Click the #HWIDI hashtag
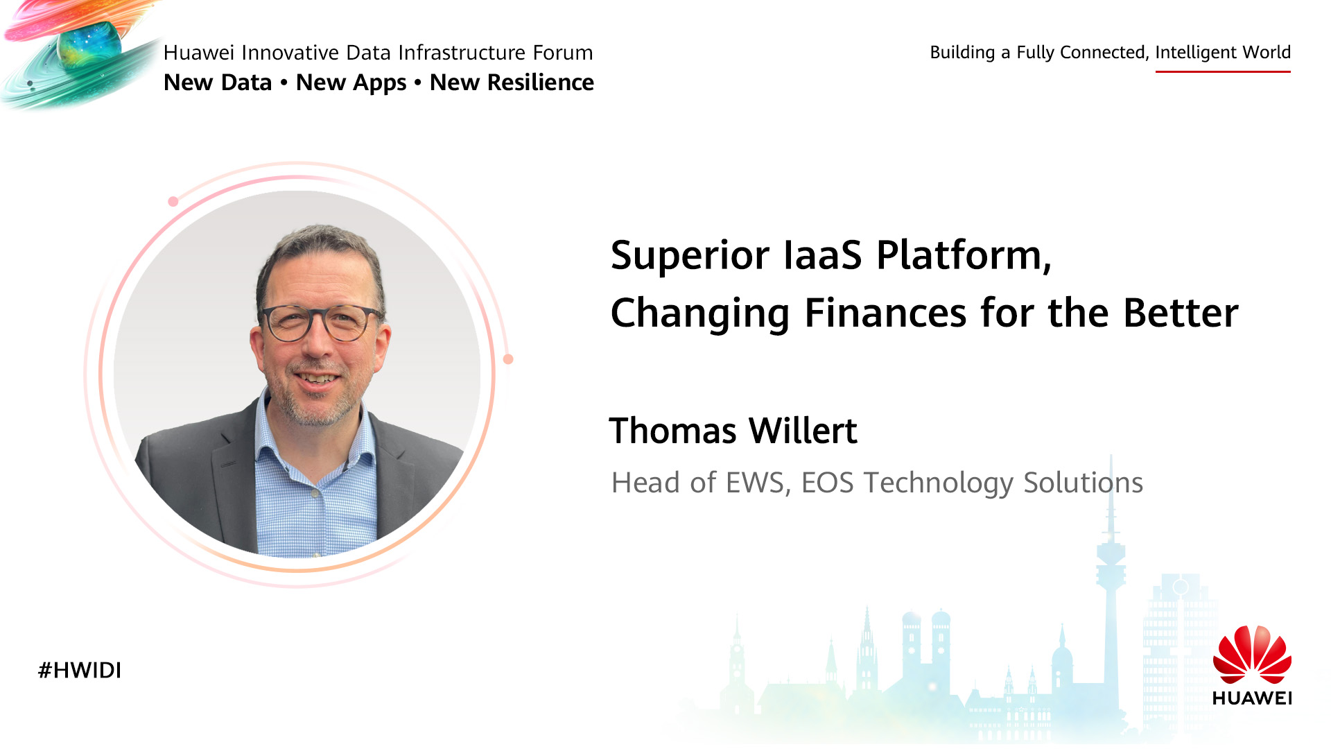80,670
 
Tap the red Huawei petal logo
1252,654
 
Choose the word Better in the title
1181,313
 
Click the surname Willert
803,431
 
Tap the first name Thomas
672,431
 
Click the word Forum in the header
563,53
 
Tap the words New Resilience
512,83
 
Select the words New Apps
351,83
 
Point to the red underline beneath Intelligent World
1223,71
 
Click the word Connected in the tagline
1104,53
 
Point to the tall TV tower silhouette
1111,589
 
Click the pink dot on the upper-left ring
173,202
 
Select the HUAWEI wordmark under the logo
1252,698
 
